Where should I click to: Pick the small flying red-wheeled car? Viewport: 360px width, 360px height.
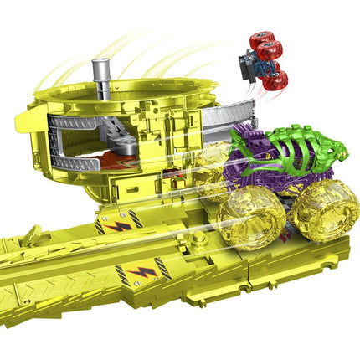pyautogui.click(x=262, y=60)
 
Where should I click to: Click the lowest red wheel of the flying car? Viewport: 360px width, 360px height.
pyautogui.click(x=277, y=80)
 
